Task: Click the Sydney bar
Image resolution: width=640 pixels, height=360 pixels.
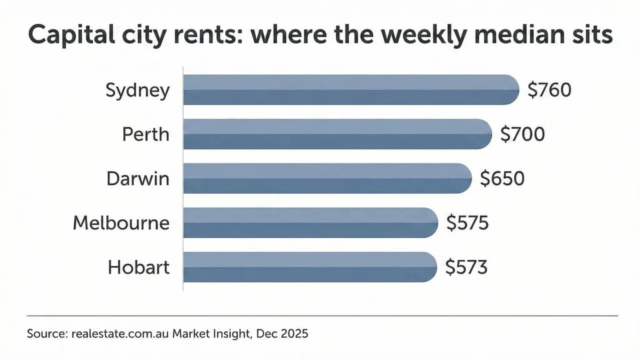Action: click(350, 89)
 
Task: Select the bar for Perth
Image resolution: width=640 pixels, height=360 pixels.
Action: click(337, 134)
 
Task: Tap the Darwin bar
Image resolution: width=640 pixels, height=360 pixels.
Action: click(327, 178)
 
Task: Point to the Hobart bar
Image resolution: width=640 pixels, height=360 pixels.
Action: click(310, 267)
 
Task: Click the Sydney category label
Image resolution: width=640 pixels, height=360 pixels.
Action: click(137, 91)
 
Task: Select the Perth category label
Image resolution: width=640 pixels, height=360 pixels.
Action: click(145, 134)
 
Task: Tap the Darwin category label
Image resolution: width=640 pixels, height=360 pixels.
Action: click(137, 178)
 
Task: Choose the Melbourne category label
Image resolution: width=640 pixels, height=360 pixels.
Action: click(121, 222)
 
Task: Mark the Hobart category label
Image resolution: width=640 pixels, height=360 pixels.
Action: click(139, 267)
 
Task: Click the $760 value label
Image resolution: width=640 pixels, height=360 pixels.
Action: click(549, 90)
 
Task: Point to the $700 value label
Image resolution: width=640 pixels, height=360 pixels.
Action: click(522, 134)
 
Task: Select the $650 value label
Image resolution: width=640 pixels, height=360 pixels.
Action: click(502, 178)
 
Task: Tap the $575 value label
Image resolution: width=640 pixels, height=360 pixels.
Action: click(467, 222)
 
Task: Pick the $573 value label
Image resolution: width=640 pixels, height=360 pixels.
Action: click(466, 267)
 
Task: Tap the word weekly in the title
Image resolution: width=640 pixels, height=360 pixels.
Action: click(397, 36)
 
